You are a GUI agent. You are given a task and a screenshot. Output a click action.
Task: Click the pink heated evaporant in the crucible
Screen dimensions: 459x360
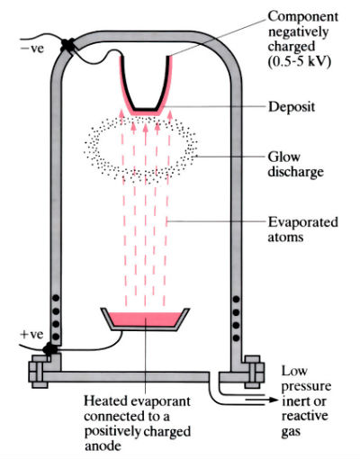(143, 321)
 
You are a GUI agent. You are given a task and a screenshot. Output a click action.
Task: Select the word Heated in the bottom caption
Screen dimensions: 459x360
(106, 400)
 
